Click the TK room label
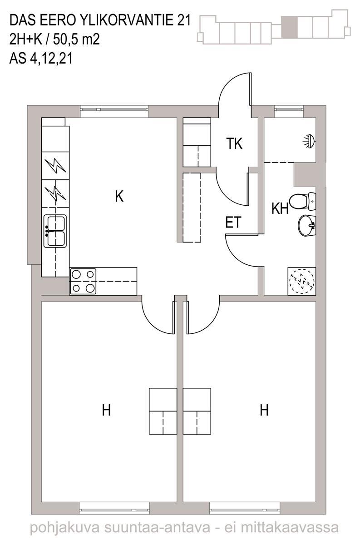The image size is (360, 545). click(x=234, y=144)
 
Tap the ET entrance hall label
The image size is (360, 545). click(x=233, y=222)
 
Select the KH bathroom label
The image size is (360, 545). click(x=280, y=208)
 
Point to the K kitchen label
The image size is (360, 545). click(x=119, y=196)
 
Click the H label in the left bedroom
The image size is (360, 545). click(x=106, y=410)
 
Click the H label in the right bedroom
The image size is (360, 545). click(x=264, y=410)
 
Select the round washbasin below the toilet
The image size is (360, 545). click(x=307, y=225)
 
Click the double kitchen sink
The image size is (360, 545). click(x=55, y=231)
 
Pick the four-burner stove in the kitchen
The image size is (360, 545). click(x=83, y=281)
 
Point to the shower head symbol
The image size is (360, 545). click(x=310, y=141)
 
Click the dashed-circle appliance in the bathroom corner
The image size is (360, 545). click(x=302, y=281)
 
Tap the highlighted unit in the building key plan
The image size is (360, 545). click(x=289, y=27)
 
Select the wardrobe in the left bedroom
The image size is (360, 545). click(x=163, y=411)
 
